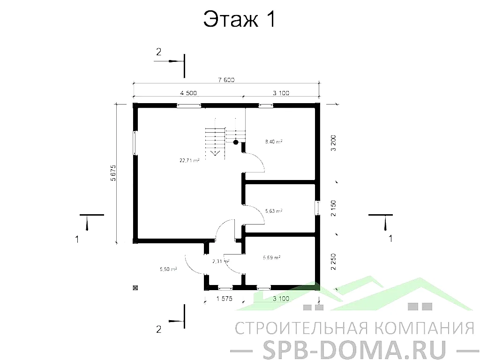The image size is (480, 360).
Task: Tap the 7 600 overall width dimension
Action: coord(226,80)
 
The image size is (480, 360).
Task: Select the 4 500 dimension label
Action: coord(188,93)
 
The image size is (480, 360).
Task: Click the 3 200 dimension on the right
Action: coord(333,142)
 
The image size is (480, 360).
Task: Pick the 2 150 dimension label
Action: coord(333,208)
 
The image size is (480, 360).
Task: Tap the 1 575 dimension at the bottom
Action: coord(225,298)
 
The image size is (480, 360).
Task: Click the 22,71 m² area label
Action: coord(189,160)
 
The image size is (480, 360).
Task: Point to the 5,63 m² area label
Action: coord(273,211)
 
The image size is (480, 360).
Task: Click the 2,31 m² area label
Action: coord(220,261)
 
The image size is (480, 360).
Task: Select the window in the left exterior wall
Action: coord(135,143)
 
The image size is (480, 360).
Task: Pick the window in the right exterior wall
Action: coord(317,208)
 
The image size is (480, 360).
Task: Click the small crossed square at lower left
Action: coord(135,288)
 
